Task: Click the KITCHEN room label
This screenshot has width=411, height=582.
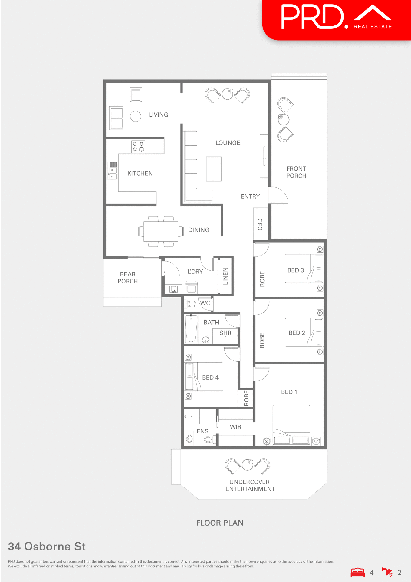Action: tap(140, 173)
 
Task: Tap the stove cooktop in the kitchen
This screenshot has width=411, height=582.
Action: tap(138, 147)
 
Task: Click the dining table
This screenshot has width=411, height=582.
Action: tap(161, 231)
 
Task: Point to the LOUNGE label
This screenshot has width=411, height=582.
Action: tap(228, 143)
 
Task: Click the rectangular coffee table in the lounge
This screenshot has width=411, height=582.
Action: tap(214, 169)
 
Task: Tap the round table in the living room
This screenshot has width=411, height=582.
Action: tap(136, 116)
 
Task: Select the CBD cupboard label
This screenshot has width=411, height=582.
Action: tap(260, 225)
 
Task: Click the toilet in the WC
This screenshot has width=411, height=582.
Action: tap(190, 303)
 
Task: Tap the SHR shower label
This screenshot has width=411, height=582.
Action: tap(225, 333)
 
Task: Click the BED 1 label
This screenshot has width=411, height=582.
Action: tap(289, 392)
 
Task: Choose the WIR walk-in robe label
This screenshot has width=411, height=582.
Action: tap(235, 427)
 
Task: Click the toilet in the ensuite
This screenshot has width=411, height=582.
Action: tap(209, 439)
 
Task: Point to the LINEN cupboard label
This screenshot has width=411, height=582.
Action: tap(225, 276)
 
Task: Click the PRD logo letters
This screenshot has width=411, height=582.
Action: tap(312, 17)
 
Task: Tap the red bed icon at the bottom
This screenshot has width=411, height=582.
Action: tap(357, 572)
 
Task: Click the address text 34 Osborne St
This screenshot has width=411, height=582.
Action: tap(47, 546)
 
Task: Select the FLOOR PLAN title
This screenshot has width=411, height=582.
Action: tap(220, 523)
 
